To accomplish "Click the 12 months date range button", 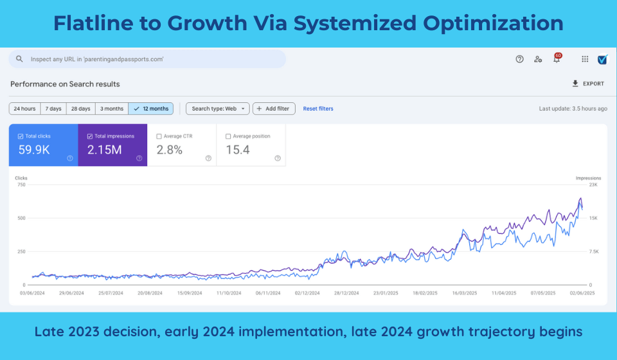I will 151,109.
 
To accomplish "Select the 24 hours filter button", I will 24,109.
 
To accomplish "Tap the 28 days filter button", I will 80,109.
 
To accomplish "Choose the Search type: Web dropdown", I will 217,109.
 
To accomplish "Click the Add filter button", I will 274,109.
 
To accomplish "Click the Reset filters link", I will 318,109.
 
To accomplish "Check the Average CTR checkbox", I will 159,136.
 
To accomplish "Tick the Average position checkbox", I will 229,136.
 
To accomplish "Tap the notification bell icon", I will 557,59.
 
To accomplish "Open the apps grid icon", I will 585,59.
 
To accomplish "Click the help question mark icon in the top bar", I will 519,59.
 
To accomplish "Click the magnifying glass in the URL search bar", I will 20,59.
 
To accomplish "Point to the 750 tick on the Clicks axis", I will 21,184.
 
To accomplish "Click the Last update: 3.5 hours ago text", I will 573,109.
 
